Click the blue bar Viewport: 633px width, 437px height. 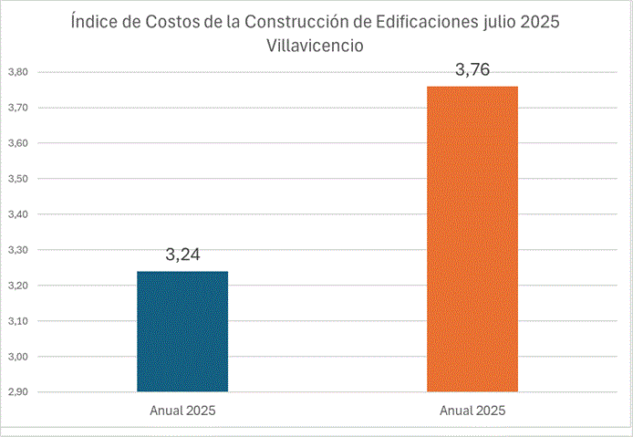coord(182,331)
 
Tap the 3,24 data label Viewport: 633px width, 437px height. coord(183,255)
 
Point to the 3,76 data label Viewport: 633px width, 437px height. coord(472,70)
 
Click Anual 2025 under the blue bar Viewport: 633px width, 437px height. coord(182,411)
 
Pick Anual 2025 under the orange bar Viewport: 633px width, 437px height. coord(472,411)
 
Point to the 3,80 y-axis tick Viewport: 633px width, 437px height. coord(18,72)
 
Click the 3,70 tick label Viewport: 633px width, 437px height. coord(18,108)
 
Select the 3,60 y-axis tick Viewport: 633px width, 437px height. coord(18,143)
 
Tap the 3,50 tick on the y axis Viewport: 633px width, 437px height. coord(18,179)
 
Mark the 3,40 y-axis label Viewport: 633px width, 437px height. coord(18,214)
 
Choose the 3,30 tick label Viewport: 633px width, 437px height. coord(18,250)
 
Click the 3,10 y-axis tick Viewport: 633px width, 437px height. coord(18,321)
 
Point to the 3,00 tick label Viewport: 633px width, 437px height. coord(18,357)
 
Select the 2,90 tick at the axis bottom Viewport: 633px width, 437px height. coord(18,392)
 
